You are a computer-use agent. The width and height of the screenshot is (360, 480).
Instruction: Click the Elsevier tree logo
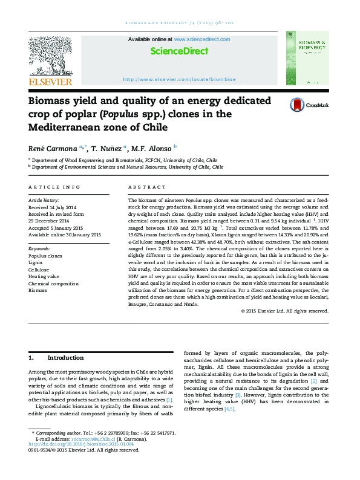tap(50, 57)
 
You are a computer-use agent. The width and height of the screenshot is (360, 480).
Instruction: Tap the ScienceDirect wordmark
tap(179, 51)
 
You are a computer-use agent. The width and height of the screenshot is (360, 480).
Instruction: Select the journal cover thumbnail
tap(307, 59)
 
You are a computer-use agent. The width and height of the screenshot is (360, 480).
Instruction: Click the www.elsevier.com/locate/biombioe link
tap(179, 79)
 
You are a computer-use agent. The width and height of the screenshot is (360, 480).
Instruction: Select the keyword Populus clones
tap(45, 256)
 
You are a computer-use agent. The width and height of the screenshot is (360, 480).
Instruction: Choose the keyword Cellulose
tap(40, 269)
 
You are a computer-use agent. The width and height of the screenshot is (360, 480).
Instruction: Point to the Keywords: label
tap(39, 248)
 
